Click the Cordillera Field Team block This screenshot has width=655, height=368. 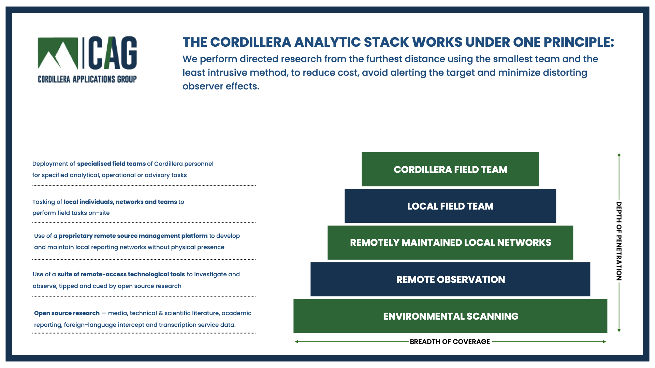point(450,169)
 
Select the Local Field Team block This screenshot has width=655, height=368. point(450,206)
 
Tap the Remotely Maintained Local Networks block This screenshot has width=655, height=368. point(450,243)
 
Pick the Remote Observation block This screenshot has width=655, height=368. point(450,279)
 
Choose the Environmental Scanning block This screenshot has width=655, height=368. point(450,316)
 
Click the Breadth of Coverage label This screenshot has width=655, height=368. point(450,341)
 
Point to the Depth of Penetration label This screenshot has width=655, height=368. point(619,241)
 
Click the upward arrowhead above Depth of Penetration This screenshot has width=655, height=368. point(619,155)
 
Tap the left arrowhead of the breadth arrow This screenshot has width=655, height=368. point(297,341)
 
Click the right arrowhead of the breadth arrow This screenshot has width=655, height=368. point(604,341)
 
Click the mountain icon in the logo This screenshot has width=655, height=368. point(58,53)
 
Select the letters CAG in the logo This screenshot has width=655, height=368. point(113,53)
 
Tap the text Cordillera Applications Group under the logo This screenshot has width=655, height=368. point(87,79)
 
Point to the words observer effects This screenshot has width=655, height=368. point(221,86)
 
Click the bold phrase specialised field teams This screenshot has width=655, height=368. point(111,164)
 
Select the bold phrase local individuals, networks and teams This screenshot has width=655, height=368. point(120,202)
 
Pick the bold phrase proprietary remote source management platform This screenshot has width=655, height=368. point(133,236)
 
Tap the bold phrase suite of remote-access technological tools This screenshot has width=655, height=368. point(121,274)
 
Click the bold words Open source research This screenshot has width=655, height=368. point(67,313)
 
